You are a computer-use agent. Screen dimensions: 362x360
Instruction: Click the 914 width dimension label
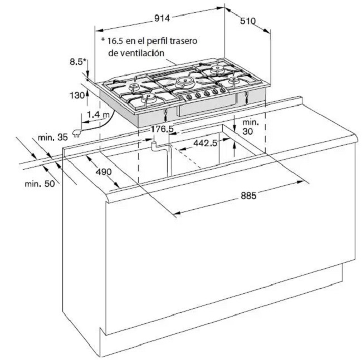tap(162, 18)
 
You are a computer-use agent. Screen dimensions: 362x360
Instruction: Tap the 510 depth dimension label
tap(248, 21)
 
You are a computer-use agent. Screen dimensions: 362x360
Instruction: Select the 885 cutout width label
tap(248, 196)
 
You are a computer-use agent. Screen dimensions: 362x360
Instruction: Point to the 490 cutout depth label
tap(104, 172)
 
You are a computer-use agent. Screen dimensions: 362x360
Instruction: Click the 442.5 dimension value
tap(206, 143)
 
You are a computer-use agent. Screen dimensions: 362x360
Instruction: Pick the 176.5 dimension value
tap(162, 129)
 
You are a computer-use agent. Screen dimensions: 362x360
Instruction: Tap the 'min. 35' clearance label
tap(53, 137)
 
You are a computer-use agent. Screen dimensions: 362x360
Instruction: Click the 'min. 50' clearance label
tap(40, 184)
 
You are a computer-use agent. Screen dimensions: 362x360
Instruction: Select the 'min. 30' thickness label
tap(251, 127)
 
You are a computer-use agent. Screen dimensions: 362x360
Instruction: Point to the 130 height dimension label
tap(77, 95)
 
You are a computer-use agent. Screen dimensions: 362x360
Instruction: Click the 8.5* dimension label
tap(78, 62)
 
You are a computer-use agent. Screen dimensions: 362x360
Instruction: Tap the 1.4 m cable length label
tap(98, 115)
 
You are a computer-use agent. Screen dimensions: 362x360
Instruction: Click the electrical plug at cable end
tap(76, 134)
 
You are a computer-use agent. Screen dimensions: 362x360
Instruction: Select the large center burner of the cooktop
tap(185, 82)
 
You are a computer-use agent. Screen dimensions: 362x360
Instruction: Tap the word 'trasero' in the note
tap(183, 41)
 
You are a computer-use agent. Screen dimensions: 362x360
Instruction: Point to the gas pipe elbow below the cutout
tap(154, 147)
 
